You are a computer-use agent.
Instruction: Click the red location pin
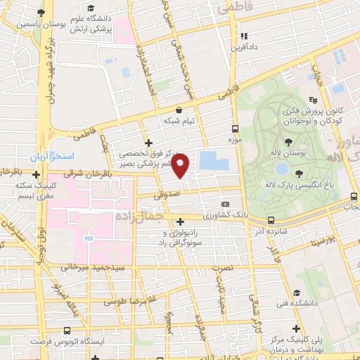[181, 165]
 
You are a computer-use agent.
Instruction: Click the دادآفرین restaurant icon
[243, 36]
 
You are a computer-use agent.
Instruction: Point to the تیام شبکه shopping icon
[179, 110]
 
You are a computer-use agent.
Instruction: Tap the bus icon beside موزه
[236, 129]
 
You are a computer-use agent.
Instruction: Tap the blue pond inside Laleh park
[282, 169]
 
